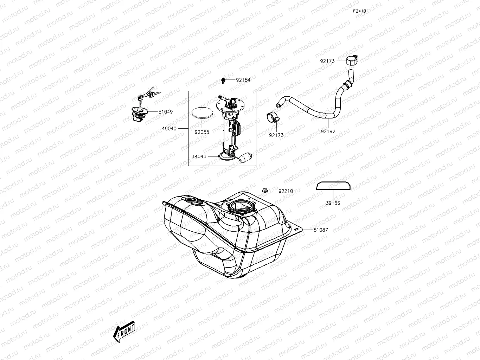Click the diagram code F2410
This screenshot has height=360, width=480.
point(359,11)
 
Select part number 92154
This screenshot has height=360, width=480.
point(243,80)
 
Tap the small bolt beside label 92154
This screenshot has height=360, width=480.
point(223,81)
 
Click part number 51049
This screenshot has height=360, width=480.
point(165,112)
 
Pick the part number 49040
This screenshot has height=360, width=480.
point(169,129)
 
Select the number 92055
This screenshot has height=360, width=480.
point(202,132)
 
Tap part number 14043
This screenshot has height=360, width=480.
point(199,156)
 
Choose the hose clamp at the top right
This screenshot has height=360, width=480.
point(352,60)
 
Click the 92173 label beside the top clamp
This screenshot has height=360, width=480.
point(327,61)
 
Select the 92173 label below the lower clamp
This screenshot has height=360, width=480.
point(276,135)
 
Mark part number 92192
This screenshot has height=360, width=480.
point(328,131)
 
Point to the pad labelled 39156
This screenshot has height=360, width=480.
point(333,185)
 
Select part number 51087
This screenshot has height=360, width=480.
point(320,230)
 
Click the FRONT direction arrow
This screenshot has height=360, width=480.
point(124,330)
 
